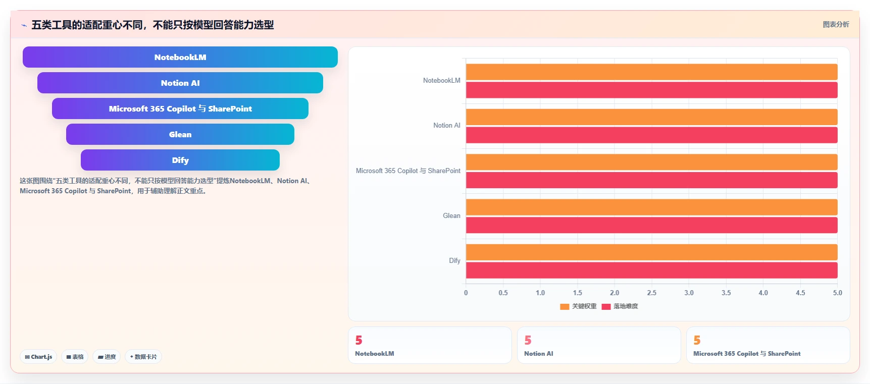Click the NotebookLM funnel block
(x=180, y=57)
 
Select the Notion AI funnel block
(x=180, y=83)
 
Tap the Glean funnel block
(x=180, y=134)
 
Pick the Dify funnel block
(x=180, y=160)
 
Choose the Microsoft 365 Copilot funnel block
(x=180, y=108)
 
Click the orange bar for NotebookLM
(x=651, y=72)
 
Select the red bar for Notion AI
(x=651, y=135)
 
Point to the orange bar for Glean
(x=651, y=207)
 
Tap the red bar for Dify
(x=651, y=270)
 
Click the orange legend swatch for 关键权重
(x=565, y=306)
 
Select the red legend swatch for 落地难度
(x=606, y=306)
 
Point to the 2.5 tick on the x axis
(x=652, y=293)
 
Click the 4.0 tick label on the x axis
(x=763, y=293)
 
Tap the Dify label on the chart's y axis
(x=454, y=260)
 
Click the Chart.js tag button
(x=38, y=357)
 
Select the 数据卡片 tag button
(x=143, y=357)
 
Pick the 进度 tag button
(x=107, y=357)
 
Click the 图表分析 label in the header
(x=836, y=24)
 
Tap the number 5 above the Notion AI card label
(x=528, y=341)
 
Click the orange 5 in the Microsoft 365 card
(x=697, y=341)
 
